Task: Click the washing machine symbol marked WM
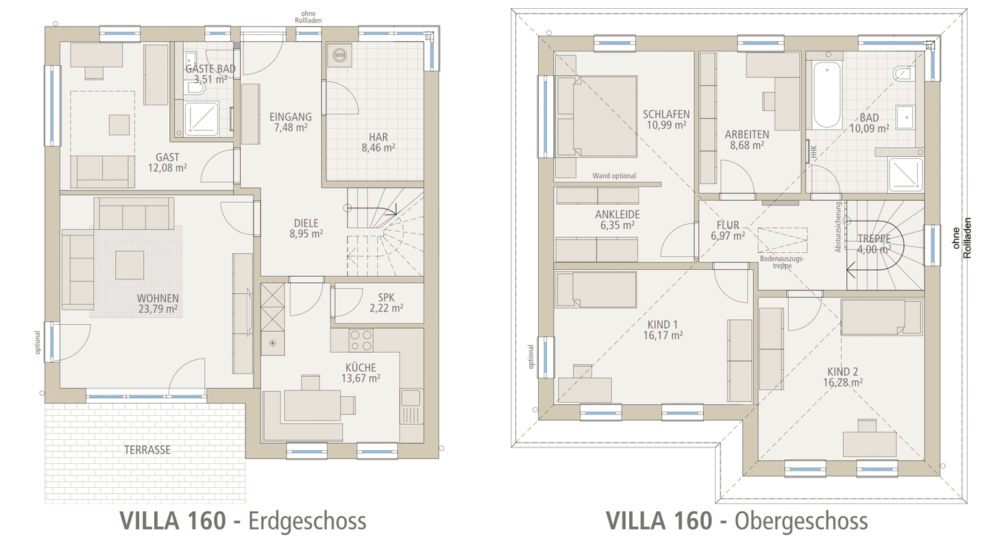[340, 55]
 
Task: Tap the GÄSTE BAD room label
[210, 69]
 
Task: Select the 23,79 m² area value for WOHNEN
[158, 309]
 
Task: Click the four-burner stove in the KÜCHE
[361, 341]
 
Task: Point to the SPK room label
[387, 297]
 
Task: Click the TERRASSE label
[147, 449]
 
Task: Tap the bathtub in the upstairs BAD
[827, 95]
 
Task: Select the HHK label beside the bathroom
[814, 152]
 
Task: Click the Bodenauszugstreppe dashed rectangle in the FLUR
[783, 240]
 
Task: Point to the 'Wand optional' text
[614, 175]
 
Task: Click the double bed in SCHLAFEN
[596, 116]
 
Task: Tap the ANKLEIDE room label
[618, 214]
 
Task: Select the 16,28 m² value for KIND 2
[843, 382]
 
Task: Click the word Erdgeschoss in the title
[307, 521]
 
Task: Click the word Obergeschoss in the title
[801, 521]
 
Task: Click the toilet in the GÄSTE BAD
[195, 89]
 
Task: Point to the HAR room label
[378, 137]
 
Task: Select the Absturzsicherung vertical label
[838, 227]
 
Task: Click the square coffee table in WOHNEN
[130, 265]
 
